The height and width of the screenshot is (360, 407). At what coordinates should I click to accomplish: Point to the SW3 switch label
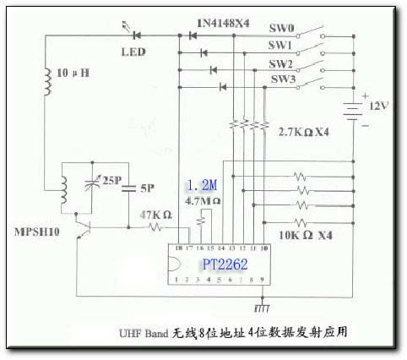point(283,79)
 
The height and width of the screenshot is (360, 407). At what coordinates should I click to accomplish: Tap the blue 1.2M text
point(201,185)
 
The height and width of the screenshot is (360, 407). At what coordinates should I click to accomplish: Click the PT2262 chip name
point(225,265)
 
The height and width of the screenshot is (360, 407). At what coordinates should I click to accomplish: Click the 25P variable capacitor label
point(112,180)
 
